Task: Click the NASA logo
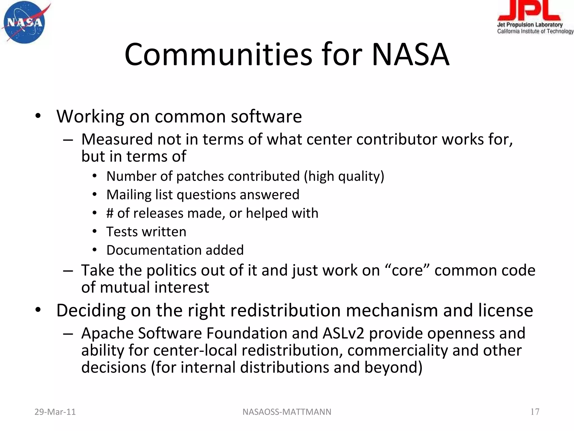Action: [x=25, y=22]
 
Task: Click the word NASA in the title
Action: [x=410, y=54]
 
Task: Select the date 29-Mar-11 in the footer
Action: [x=55, y=412]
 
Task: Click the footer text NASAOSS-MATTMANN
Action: [x=287, y=412]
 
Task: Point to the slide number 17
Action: [x=535, y=412]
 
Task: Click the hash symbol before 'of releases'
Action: [x=110, y=213]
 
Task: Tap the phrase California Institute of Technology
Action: [x=535, y=31]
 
